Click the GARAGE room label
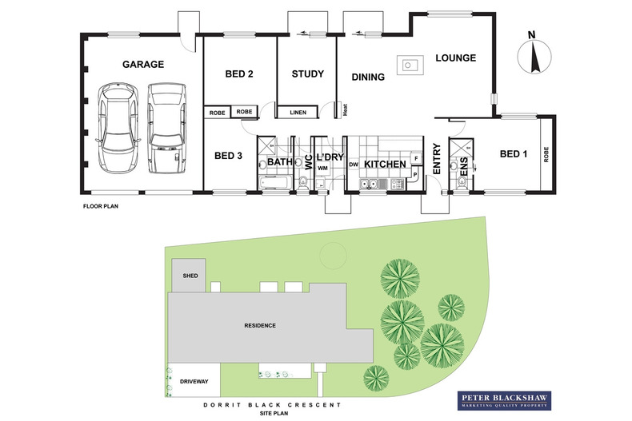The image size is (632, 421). (142, 65)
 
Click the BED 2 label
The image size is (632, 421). (239, 74)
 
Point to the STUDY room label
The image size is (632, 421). (307, 74)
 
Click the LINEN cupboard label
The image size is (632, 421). (298, 113)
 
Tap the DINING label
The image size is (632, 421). (368, 77)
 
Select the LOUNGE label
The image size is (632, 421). (456, 58)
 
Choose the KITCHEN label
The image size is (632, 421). (386, 165)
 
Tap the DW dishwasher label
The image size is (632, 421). (353, 165)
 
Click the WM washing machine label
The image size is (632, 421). (322, 169)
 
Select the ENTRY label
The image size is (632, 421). (437, 158)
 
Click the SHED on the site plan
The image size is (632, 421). (190, 276)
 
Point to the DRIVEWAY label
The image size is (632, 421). (194, 382)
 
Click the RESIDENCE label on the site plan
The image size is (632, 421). (260, 326)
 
